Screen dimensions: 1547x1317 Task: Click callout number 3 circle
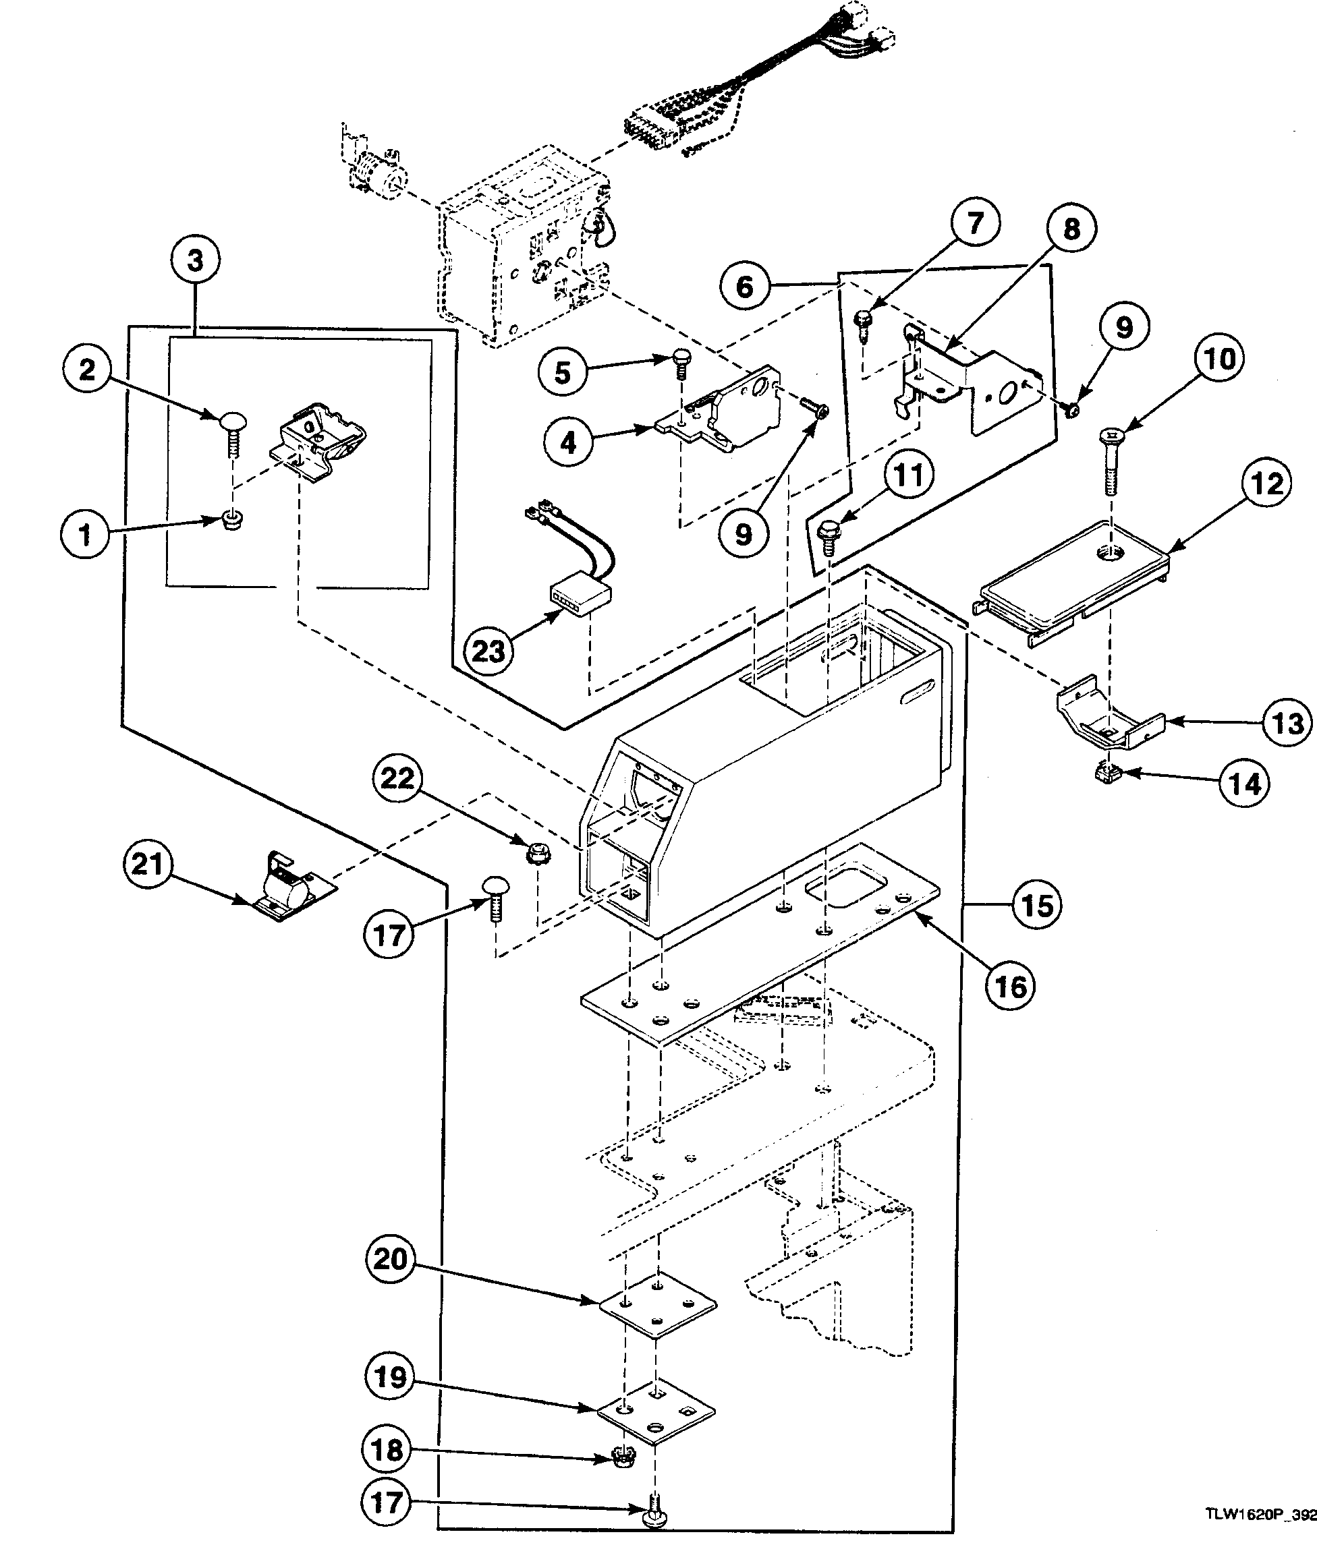(194, 261)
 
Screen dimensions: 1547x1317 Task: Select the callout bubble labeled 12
(1267, 484)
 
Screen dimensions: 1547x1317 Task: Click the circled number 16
(1011, 987)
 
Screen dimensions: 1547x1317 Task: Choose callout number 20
(391, 1259)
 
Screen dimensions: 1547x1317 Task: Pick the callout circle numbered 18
(387, 1450)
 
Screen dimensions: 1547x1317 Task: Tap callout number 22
(397, 779)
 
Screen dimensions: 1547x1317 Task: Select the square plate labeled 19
(656, 1412)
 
